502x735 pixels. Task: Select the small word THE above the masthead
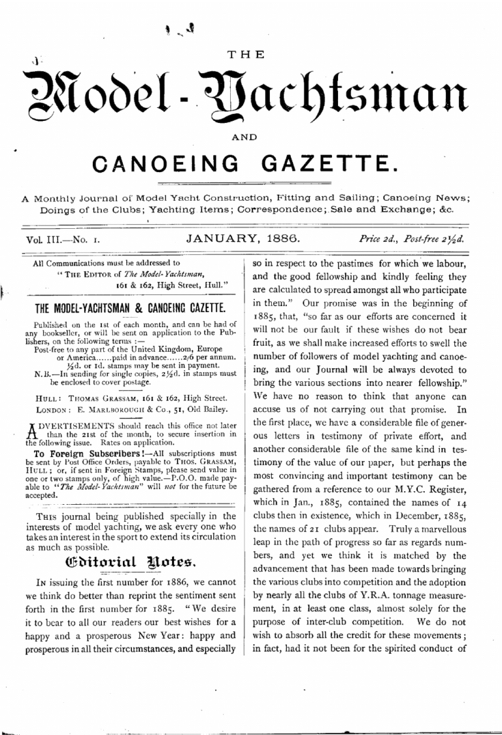[x=251, y=55]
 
